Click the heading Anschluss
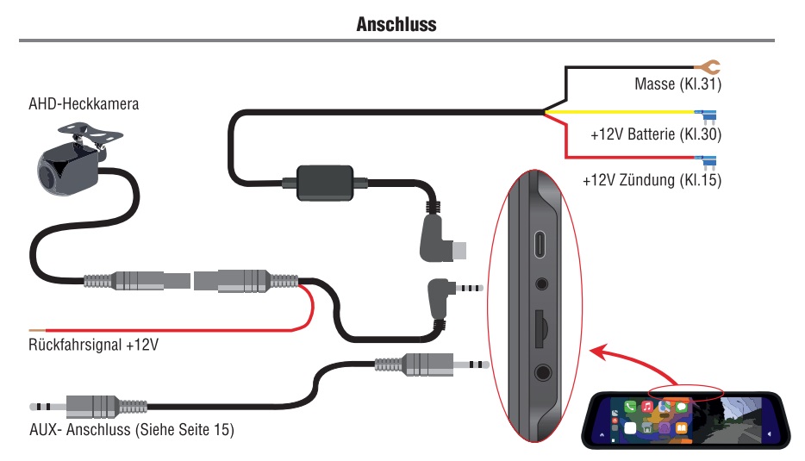396,24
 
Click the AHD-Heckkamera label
84,104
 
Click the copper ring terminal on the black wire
709,65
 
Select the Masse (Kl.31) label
677,84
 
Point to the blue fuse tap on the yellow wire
708,113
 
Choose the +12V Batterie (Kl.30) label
656,135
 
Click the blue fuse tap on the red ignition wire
708,159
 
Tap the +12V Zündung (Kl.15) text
652,181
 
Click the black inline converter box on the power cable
324,183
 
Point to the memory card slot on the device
540,325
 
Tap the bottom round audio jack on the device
542,372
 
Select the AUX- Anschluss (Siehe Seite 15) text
132,428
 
